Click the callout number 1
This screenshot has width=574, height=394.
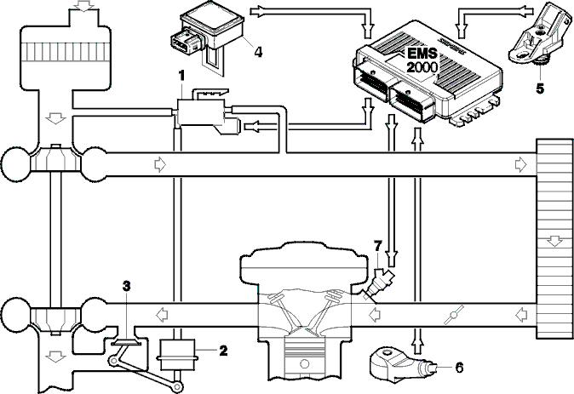click(181, 76)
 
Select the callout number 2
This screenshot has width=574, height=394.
click(223, 351)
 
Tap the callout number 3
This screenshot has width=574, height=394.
click(126, 286)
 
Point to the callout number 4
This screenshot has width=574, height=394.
click(258, 52)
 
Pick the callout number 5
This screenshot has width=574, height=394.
click(540, 89)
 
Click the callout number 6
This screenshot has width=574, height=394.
click(459, 367)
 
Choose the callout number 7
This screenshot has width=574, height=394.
click(378, 245)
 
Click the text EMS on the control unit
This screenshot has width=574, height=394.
click(422, 54)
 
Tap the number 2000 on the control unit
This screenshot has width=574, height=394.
click(422, 67)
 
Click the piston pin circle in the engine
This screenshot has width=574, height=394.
click(304, 364)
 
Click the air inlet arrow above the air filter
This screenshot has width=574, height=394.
click(83, 5)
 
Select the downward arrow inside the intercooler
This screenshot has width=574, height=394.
click(554, 240)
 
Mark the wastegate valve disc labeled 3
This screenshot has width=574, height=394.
click(126, 343)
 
